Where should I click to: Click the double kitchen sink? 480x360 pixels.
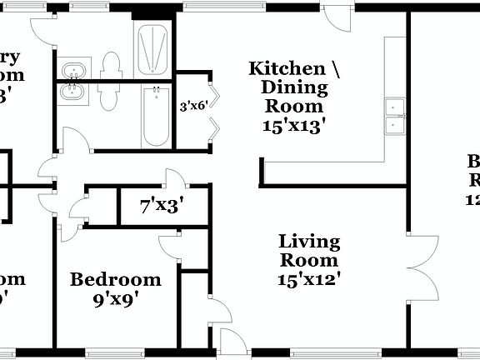[x=393, y=116]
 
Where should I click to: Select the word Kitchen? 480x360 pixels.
[x=286, y=68]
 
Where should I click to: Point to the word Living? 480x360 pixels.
[x=309, y=242]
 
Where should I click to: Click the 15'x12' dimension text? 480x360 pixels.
[x=309, y=280]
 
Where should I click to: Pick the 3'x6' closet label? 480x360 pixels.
[x=192, y=106]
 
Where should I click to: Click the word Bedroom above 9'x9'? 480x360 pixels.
[x=115, y=279]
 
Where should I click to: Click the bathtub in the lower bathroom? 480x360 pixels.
[x=155, y=116]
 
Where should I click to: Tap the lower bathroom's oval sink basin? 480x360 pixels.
[x=74, y=92]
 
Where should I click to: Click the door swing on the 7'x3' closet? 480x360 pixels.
[x=174, y=179]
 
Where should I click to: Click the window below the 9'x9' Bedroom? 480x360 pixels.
[x=111, y=353]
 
